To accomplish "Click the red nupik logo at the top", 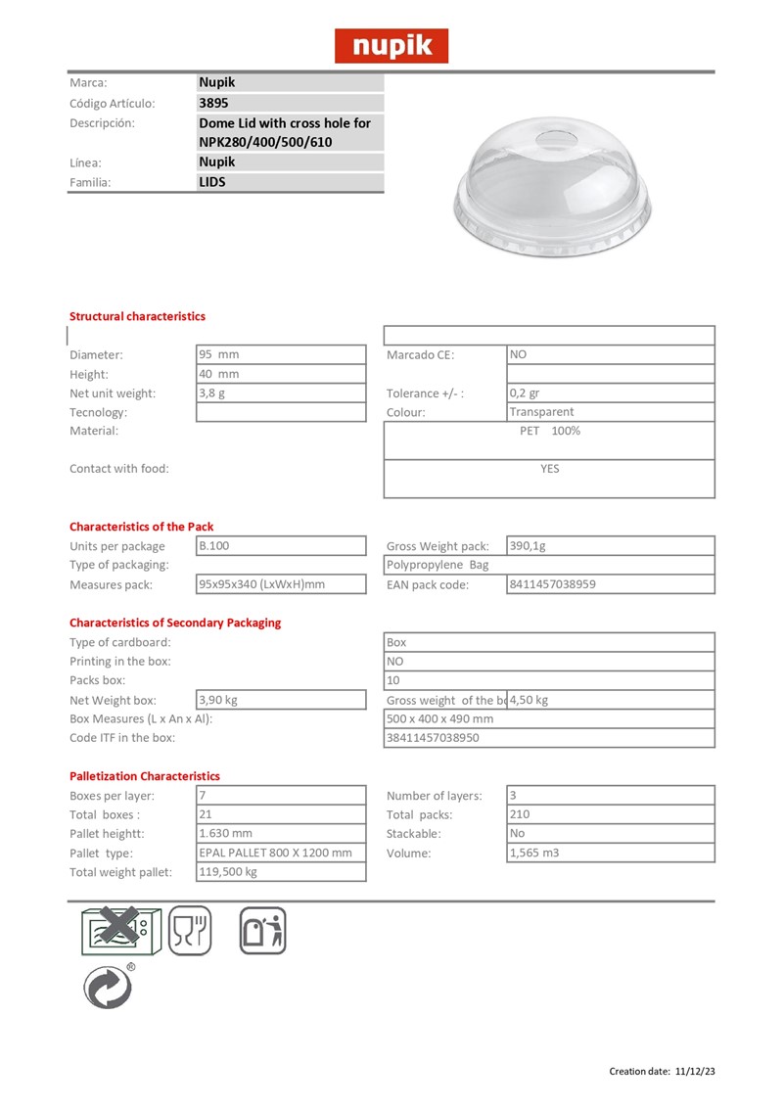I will (391, 46).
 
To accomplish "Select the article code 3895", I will (214, 103).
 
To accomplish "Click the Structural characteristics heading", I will (137, 316).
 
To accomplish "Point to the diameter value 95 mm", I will (219, 354).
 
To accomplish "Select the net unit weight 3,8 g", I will (212, 392).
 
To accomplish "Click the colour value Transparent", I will (541, 412).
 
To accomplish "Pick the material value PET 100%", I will (549, 431).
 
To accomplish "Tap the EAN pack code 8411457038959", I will (552, 584).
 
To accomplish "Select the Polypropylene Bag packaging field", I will (438, 565).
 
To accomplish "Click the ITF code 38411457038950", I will (434, 737).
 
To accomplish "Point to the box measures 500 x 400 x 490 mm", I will (440, 718).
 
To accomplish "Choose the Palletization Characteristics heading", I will (145, 775).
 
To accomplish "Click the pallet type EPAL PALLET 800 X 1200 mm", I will (275, 853).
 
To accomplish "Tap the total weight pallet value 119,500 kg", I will (228, 871).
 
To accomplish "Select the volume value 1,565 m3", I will (534, 853).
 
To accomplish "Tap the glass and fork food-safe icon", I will (190, 931).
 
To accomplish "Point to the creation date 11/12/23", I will (695, 1072).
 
